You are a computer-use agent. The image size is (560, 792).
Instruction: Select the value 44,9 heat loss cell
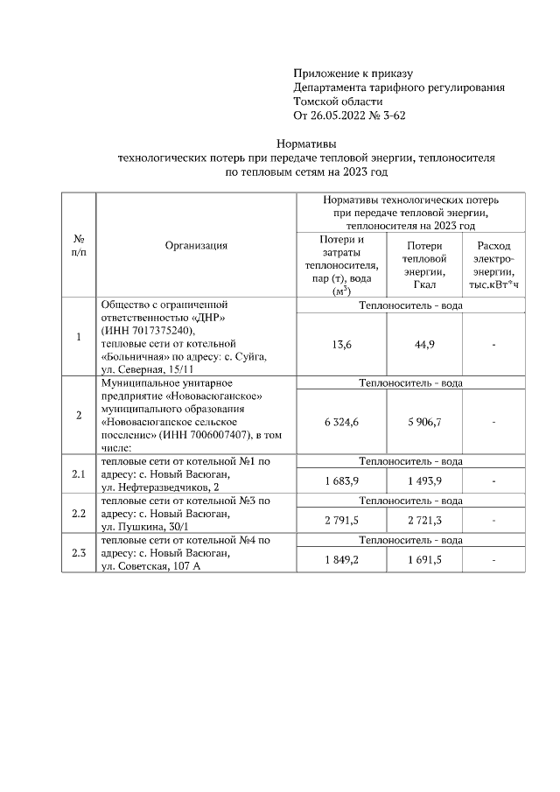[x=424, y=345]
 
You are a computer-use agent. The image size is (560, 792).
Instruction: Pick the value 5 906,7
[x=424, y=422]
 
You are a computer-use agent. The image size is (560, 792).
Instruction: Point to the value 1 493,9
[x=424, y=481]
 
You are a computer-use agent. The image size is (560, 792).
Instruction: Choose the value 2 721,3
[x=424, y=520]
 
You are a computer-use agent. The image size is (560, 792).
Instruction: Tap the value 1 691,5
[x=424, y=559]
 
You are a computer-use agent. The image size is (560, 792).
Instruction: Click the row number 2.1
[x=78, y=475]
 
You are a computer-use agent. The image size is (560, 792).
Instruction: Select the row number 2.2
[x=78, y=514]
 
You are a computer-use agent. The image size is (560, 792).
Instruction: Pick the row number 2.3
[x=78, y=553]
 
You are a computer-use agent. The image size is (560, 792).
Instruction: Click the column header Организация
[x=196, y=246]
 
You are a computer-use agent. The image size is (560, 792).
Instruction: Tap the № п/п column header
[x=78, y=245]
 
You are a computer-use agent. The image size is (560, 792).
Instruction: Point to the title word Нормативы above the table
[x=306, y=143]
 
